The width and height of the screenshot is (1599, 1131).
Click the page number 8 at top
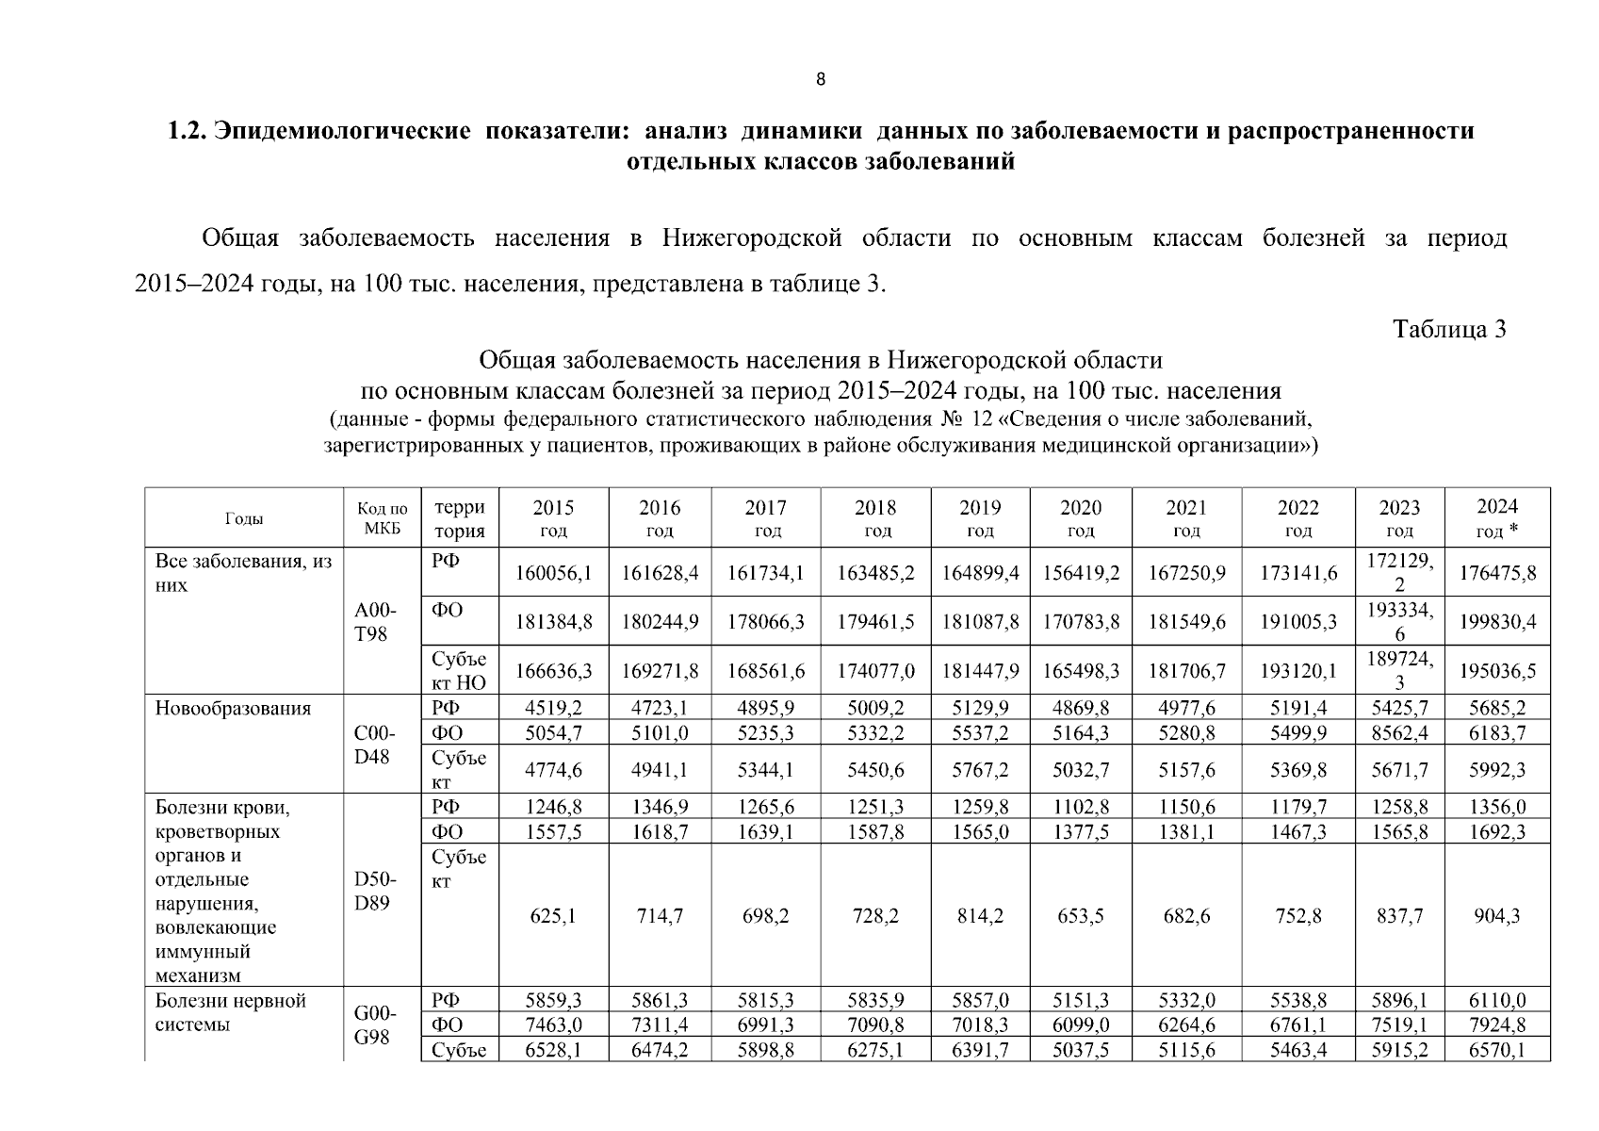pos(820,80)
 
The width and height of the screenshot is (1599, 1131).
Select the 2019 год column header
pos(980,518)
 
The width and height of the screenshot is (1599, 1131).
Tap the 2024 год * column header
pos(1497,518)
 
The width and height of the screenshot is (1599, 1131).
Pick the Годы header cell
pos(244,519)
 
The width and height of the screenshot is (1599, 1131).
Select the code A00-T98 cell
pos(372,622)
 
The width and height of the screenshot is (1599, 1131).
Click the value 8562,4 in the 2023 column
pos(1399,733)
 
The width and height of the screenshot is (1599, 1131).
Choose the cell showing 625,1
pos(553,916)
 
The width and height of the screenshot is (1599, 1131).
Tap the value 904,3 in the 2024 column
pos(1497,916)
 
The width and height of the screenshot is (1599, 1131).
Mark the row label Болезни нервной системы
pos(230,1012)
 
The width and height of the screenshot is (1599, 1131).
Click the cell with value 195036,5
pos(1497,671)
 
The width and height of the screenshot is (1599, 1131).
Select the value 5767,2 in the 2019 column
pos(980,770)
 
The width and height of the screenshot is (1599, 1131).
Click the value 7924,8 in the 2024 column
pos(1497,1025)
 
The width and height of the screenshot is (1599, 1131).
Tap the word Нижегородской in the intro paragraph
pos(751,238)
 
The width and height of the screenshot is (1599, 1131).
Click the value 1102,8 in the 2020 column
pos(1081,807)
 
